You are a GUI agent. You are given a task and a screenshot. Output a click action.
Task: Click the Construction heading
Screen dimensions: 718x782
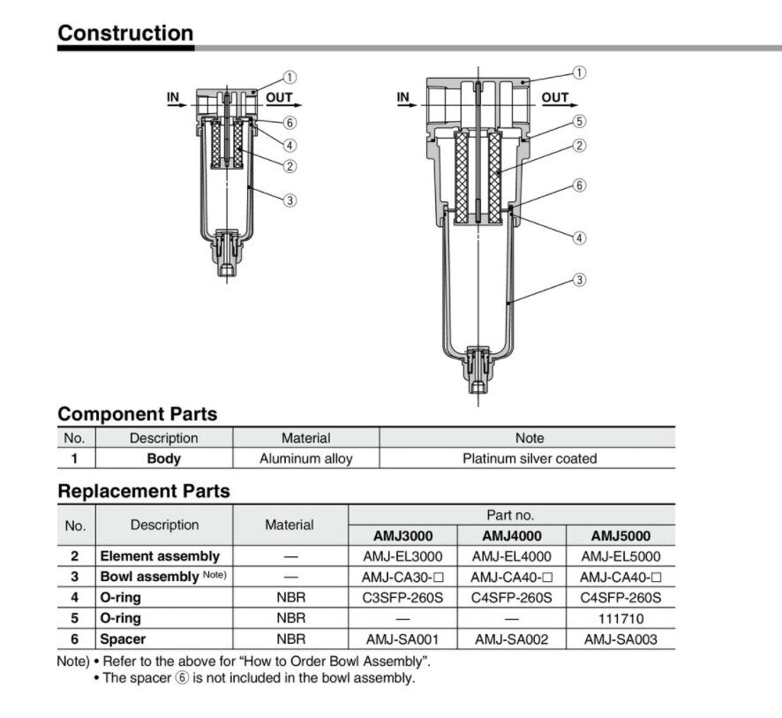coord(125,34)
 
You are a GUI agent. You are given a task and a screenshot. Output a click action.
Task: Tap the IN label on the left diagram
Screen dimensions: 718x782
coord(174,97)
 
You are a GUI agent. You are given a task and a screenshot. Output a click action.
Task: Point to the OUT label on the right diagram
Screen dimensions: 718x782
coord(555,97)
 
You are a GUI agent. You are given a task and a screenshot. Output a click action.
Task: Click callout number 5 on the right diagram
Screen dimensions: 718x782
coord(580,121)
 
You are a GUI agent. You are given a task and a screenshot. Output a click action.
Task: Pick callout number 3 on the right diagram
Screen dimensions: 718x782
coord(580,281)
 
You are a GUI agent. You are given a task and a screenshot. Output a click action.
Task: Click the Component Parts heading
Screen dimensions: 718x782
coord(137,413)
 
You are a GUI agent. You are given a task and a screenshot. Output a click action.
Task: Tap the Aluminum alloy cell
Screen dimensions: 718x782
coord(305,458)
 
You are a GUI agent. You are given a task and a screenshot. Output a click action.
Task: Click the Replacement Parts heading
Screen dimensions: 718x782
coord(143,491)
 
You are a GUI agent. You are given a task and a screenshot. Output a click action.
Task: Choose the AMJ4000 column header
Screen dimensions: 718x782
coord(512,535)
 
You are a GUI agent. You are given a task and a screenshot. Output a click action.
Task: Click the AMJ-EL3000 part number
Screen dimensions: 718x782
coord(402,556)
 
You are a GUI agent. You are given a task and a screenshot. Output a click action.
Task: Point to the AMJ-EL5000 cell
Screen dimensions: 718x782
coord(620,556)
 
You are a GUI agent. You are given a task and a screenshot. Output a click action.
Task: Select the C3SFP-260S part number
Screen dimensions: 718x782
coord(402,598)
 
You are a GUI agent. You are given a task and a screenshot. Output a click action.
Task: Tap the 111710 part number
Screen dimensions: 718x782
coord(620,618)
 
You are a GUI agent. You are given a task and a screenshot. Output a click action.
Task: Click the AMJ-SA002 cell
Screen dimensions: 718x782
coord(512,639)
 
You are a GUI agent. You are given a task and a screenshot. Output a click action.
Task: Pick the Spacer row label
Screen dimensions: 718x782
coord(123,639)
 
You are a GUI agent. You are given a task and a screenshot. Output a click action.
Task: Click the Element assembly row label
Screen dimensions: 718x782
coord(160,556)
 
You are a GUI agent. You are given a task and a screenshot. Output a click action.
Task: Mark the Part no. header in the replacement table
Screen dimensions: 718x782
coord(511,514)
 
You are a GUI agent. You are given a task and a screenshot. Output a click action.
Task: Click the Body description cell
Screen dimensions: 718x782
coord(164,458)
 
